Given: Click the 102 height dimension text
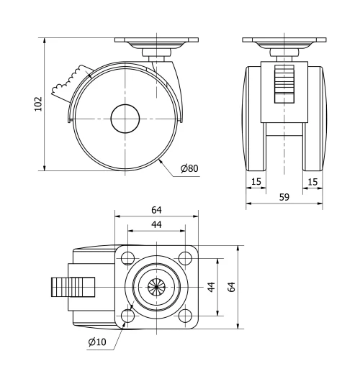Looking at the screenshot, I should tap(37, 104).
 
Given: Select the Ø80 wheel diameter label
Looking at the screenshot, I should tap(189, 168).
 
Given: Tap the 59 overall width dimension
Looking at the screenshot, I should tap(284, 197).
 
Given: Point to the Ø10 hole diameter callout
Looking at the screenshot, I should tap(98, 341).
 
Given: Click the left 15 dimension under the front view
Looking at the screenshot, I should tap(257, 182).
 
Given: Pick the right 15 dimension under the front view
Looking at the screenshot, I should tap(311, 182).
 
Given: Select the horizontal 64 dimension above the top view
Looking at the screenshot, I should tap(156, 209).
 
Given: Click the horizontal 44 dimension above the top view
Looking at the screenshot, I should tap(156, 224).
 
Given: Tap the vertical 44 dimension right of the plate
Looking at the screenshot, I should tap(211, 287).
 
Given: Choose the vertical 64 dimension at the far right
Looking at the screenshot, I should tap(232, 287).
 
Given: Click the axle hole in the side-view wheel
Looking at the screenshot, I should tap(125, 119).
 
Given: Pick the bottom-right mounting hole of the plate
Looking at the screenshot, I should tap(185, 316).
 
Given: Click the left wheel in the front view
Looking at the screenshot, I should tap(256, 119).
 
